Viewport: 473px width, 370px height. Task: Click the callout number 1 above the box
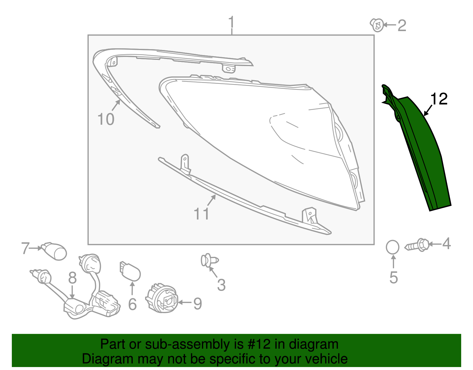pos(231,22)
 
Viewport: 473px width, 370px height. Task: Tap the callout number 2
pos(402,25)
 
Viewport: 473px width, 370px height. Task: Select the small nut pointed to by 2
pos(377,25)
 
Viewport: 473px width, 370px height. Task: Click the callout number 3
pos(221,285)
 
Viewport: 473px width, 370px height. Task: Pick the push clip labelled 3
pos(209,261)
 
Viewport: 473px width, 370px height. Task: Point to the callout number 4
pos(446,244)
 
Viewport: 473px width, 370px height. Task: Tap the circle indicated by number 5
pos(393,247)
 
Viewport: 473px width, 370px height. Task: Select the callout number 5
pos(393,277)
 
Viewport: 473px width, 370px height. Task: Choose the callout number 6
pos(132,304)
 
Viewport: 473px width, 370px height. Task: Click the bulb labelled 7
pos(56,252)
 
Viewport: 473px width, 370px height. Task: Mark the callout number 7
pos(25,248)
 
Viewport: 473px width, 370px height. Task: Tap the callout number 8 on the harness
pos(72,278)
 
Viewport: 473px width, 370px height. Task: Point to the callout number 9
pos(197,304)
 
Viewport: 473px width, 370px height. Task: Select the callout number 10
pos(106,119)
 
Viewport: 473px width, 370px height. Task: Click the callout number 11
pos(201,214)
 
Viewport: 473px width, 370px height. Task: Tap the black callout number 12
pos(439,99)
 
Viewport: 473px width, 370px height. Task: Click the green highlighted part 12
pos(423,154)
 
